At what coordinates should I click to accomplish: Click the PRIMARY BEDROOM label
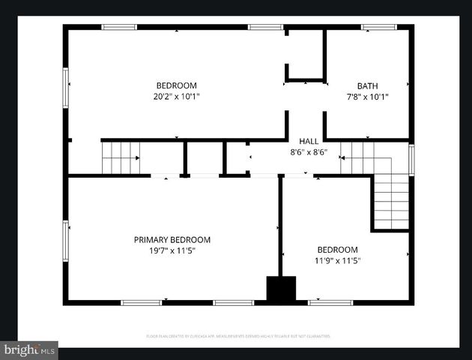pos(172,240)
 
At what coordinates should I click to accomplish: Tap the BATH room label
pos(367,85)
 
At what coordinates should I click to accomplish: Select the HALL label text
pos(309,141)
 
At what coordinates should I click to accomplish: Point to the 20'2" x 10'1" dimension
pos(176,97)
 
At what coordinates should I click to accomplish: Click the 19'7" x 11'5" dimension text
pos(172,251)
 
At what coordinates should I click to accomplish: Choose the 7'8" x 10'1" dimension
pos(367,97)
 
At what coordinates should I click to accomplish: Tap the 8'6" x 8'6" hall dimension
pos(309,152)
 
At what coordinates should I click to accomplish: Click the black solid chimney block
pos(281,289)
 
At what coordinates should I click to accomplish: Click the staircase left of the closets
pos(120,157)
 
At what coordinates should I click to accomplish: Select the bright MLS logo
pos(29,349)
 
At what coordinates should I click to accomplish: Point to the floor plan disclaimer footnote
pos(237,337)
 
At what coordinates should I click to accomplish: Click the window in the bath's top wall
pos(378,28)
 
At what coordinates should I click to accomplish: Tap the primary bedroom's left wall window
pos(66,240)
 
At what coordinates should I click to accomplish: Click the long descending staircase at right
pos(391,201)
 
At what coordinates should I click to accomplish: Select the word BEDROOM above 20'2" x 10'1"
pos(176,85)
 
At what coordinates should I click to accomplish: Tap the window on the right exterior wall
pos(411,160)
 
